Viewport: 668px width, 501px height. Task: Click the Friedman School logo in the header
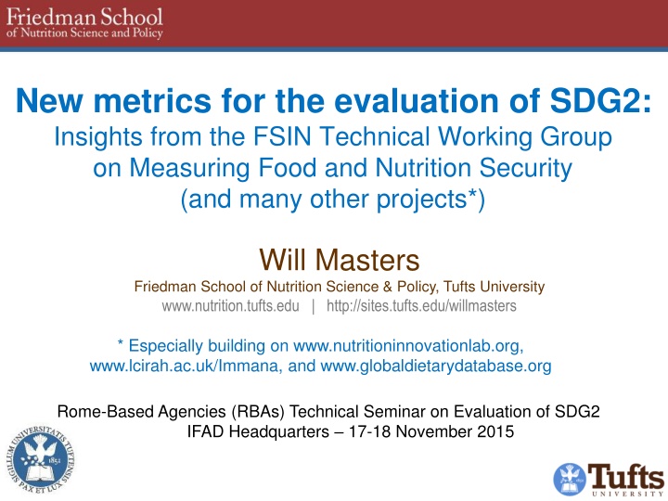[84, 23]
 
